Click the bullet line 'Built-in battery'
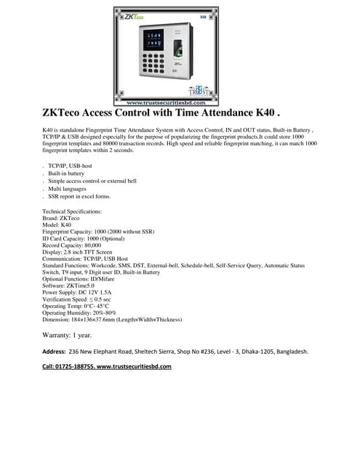point(66,174)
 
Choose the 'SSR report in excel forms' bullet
point(80,196)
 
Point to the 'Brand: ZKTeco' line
point(62,218)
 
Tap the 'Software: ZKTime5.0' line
point(74,286)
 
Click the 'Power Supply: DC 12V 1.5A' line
point(82,292)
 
